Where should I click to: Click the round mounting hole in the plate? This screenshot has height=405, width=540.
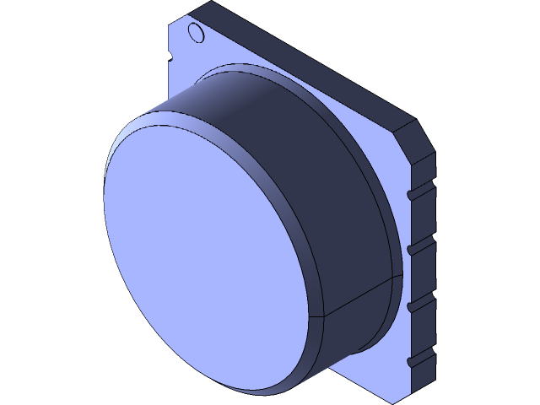195,34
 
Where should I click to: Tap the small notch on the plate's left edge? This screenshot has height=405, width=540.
169,57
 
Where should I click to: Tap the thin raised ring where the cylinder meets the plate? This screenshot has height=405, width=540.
371,169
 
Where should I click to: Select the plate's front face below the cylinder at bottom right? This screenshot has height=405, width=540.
380,371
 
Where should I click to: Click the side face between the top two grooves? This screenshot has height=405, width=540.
422,221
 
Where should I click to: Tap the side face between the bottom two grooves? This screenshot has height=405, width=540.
422,332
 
